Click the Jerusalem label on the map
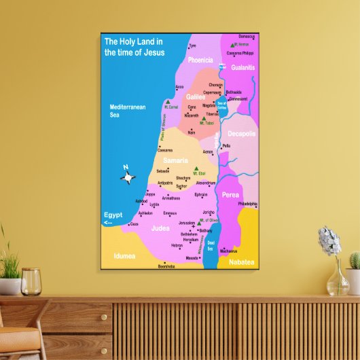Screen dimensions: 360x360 [186, 223]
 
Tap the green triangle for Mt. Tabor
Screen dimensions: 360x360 [202, 119]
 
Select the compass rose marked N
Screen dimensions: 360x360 [128, 177]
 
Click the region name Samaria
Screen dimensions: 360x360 [175, 160]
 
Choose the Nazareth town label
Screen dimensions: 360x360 [192, 115]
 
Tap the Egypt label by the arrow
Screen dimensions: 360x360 [113, 215]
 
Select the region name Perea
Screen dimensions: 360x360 [230, 194]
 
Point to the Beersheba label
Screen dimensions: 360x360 [166, 266]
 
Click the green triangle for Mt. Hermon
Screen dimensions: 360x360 [232, 41]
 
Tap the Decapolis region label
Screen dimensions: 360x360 [242, 134]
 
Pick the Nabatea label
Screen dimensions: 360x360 [240, 261]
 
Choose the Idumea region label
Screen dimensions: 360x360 [124, 256]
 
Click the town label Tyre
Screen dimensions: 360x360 [192, 46]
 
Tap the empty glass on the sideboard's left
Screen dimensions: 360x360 [31, 281]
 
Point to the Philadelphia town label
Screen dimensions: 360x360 [248, 204]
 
